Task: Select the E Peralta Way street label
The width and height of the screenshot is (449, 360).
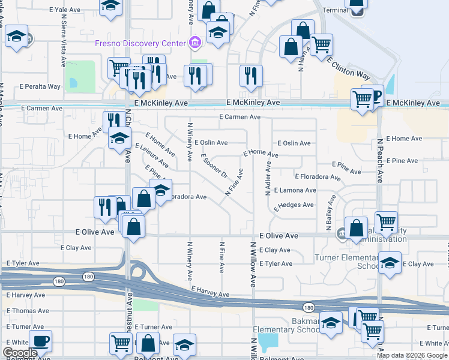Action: tap(41, 86)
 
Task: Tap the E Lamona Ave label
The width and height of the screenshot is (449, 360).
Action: tap(295, 190)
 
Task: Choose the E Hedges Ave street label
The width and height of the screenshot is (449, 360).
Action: tap(294, 206)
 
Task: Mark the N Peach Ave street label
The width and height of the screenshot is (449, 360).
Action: tap(379, 161)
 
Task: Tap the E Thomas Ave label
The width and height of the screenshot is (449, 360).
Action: tap(28, 311)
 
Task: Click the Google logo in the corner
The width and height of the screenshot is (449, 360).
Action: tap(20, 353)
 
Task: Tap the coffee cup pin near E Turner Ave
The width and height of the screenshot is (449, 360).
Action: tap(41, 341)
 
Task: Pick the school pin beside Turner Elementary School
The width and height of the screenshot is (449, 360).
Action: tap(390, 262)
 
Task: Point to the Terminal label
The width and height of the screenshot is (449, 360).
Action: tap(334, 10)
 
